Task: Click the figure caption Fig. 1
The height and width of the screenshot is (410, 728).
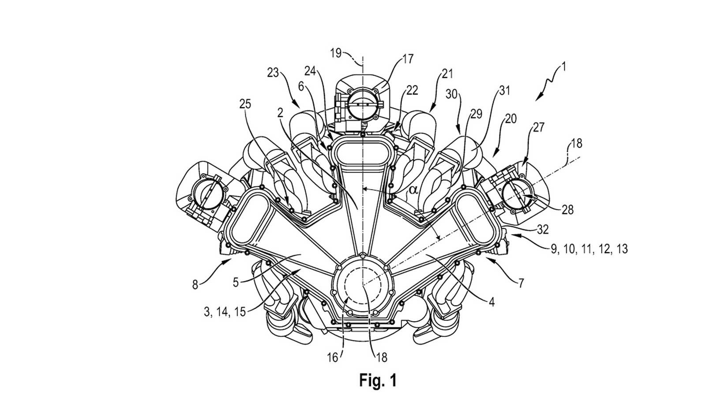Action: pos(378,380)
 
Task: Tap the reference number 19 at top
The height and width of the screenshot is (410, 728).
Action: pos(336,53)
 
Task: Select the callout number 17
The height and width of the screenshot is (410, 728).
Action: pos(408,59)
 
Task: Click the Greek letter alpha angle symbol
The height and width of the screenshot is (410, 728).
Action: pos(413,190)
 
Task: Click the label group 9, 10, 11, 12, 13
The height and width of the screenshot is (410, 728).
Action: pos(589,249)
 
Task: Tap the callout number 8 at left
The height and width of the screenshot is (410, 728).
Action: pos(195,285)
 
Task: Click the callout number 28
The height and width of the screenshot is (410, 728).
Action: pos(567,210)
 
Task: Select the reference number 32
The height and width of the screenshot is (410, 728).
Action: pos(543,229)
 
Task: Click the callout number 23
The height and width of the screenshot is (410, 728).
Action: pos(273,72)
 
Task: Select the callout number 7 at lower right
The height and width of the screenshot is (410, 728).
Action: pos(521,283)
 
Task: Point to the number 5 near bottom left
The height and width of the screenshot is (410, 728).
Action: pos(236,282)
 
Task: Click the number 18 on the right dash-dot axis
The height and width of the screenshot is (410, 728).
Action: pos(576,144)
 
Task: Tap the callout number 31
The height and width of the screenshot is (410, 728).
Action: pos(505,91)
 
